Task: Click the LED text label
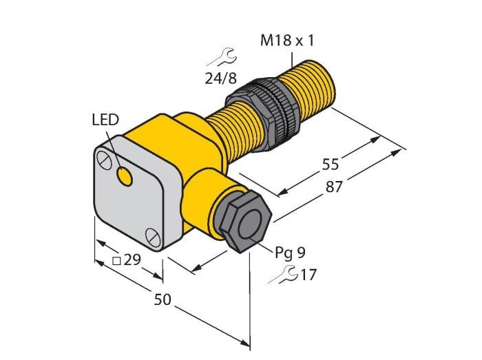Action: [105, 120]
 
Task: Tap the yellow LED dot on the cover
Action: [125, 177]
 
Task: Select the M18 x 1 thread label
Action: [287, 41]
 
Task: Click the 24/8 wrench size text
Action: [221, 78]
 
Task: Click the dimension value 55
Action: [331, 165]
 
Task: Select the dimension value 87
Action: [334, 187]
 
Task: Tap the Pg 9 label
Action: [290, 253]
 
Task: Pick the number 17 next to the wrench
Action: [308, 275]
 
